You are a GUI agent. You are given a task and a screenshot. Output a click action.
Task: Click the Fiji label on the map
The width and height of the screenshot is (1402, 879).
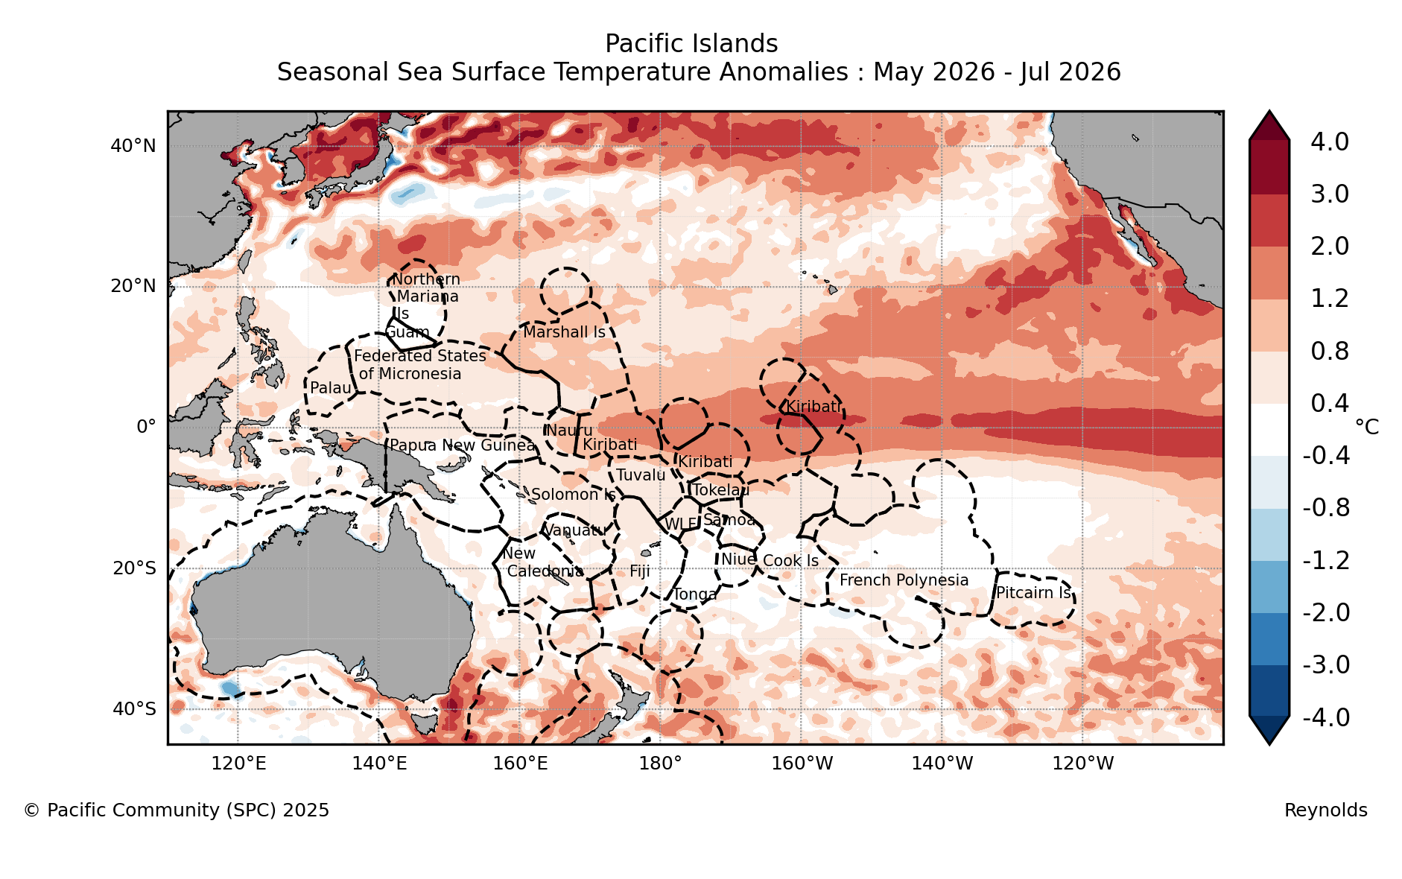[640, 571]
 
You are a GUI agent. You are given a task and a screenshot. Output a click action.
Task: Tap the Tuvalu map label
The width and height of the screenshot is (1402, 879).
[641, 475]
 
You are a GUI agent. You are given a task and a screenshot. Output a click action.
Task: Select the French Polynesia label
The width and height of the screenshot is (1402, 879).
[904, 580]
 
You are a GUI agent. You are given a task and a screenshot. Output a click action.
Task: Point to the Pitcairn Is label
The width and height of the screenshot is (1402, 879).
[1034, 593]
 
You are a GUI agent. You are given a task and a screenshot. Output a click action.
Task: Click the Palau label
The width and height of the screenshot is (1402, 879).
[331, 388]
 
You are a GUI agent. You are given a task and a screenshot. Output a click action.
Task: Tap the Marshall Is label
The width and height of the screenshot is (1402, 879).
[564, 332]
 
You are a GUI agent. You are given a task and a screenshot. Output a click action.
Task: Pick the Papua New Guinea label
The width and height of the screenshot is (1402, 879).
[463, 445]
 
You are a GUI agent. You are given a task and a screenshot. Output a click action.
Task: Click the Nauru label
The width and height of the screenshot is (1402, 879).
[570, 431]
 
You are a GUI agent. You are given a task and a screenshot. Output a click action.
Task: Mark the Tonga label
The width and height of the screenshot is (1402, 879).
[695, 594]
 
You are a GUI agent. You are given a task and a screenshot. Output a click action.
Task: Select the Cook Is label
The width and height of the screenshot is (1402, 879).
[790, 561]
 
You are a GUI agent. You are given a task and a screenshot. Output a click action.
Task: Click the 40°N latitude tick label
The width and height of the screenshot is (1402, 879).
[133, 146]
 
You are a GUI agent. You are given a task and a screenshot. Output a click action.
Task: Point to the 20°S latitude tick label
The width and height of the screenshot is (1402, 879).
[134, 569]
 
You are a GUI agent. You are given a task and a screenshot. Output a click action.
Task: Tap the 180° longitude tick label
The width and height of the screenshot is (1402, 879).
[660, 764]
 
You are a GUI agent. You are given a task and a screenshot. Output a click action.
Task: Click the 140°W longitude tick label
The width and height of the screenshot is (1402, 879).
[942, 764]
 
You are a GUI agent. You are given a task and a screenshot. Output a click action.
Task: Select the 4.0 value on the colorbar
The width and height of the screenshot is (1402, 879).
[1330, 142]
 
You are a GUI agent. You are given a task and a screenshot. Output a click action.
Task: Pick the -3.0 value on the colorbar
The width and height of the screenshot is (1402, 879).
[1326, 664]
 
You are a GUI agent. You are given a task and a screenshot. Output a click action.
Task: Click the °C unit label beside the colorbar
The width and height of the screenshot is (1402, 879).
[1367, 427]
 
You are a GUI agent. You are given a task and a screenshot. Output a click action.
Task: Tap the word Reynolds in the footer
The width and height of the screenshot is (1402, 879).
[1326, 810]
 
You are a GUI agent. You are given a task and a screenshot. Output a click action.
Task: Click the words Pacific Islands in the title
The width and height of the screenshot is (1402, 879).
[691, 44]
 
